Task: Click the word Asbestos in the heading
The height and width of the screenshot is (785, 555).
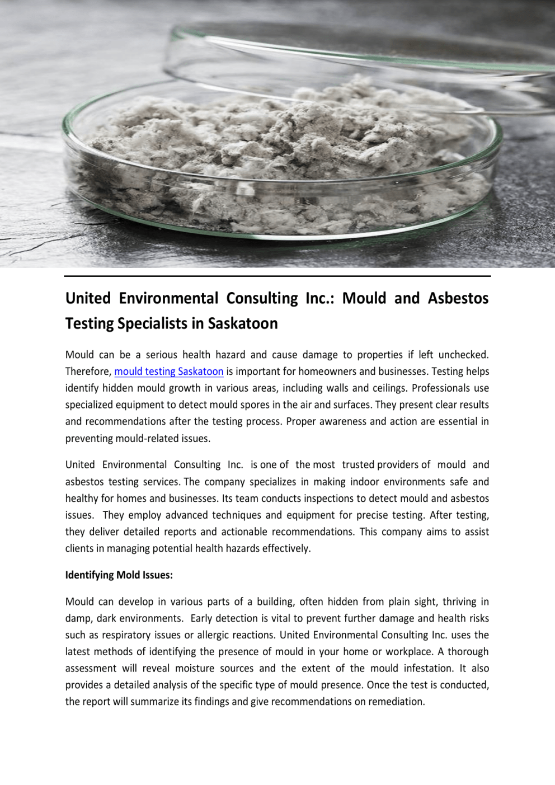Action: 458,298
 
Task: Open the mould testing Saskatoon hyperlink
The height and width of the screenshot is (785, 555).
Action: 169,372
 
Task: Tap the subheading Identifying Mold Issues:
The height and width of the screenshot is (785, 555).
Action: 119,575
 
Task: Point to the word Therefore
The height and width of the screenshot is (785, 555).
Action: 88,372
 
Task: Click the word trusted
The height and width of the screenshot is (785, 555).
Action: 358,465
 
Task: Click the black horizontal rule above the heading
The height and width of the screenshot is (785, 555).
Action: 277,276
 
